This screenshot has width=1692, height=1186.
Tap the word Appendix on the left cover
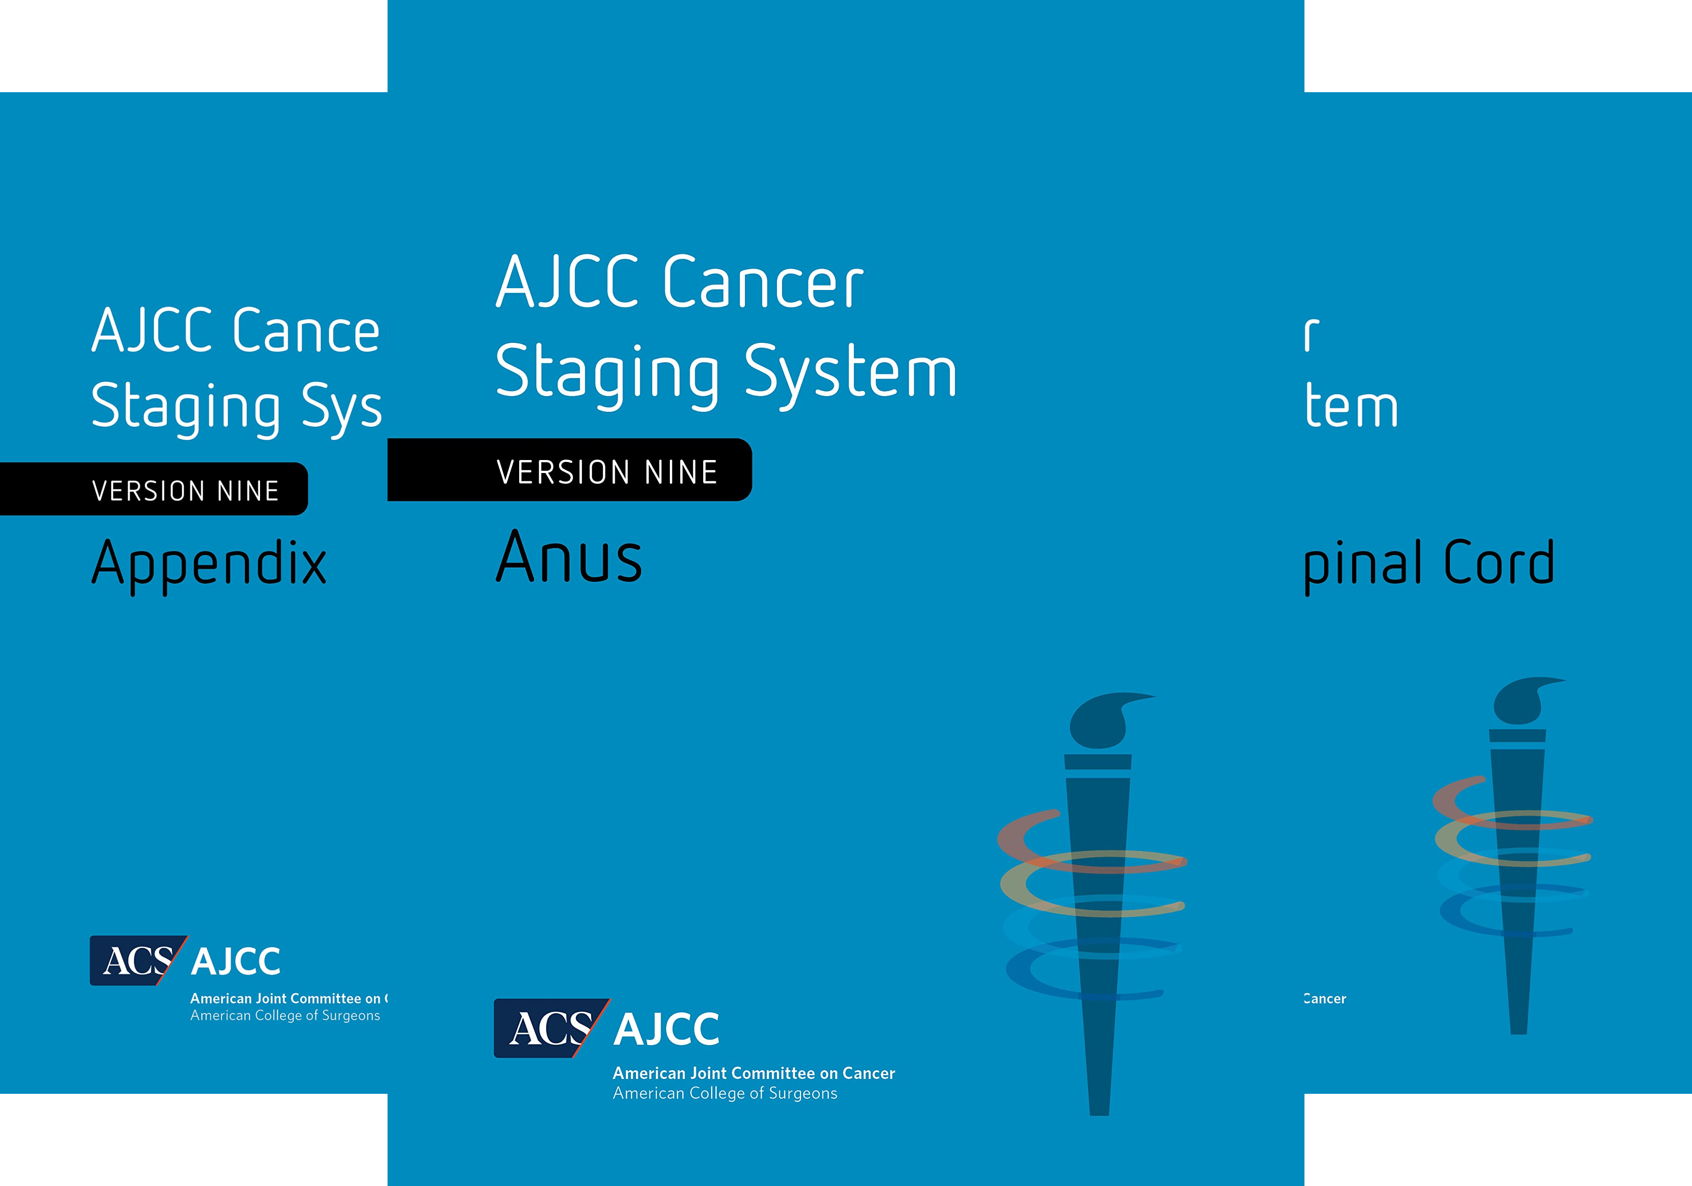click(x=209, y=563)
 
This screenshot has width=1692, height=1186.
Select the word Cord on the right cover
click(x=1499, y=563)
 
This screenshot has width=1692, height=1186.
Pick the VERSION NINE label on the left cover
click(x=185, y=491)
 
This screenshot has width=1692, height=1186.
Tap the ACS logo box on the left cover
click(x=136, y=960)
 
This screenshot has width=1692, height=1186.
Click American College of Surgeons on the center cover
click(x=725, y=1093)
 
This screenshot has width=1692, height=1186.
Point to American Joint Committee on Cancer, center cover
click(x=753, y=1073)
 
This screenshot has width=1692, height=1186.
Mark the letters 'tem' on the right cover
click(x=1352, y=407)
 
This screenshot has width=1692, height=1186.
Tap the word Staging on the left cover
click(x=186, y=407)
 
